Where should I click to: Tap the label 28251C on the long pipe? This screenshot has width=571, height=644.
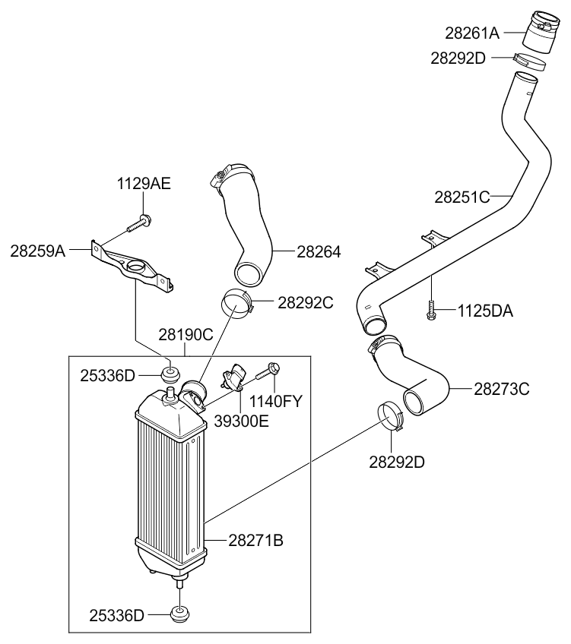[462, 197]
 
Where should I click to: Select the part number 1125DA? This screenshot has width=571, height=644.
[484, 311]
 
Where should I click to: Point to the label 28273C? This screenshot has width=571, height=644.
[502, 389]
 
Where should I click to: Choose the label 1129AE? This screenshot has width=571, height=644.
[144, 184]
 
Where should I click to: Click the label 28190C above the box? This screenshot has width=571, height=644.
[186, 334]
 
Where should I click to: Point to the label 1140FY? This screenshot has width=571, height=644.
[276, 401]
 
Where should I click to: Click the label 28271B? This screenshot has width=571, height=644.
[255, 541]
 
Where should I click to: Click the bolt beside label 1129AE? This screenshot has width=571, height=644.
[141, 223]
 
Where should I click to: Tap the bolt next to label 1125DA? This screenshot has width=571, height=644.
[430, 310]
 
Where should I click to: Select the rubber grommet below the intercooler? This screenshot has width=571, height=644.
[180, 614]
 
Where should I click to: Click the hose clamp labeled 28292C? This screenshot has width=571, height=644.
[238, 303]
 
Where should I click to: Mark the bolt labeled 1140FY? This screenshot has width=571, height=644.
[268, 372]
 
